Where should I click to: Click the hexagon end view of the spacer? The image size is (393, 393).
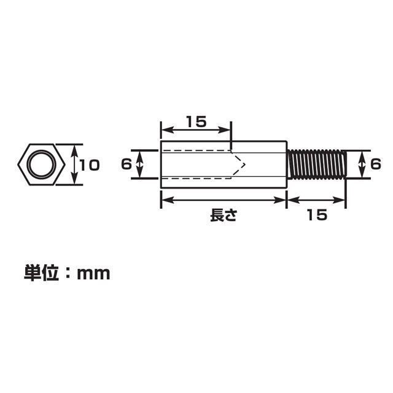pyautogui.click(x=41, y=165)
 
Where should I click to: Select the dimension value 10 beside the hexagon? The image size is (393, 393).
pyautogui.click(x=90, y=165)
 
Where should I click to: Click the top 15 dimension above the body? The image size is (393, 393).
pyautogui.click(x=196, y=121)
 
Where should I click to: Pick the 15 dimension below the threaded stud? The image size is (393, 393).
pyautogui.click(x=316, y=216)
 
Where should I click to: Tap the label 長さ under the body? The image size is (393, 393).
pyautogui.click(x=223, y=216)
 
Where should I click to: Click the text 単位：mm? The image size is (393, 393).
pyautogui.click(x=68, y=273)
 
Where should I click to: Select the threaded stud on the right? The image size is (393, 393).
pyautogui.click(x=317, y=165)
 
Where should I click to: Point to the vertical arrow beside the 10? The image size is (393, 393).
pyautogui.click(x=75, y=165)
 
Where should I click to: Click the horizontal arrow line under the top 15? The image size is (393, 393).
pyautogui.click(x=196, y=130)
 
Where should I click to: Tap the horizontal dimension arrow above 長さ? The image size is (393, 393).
pyautogui.click(x=224, y=200)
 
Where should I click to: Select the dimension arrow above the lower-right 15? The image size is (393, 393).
pyautogui.click(x=317, y=200)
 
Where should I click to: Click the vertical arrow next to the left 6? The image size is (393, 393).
pyautogui.click(x=140, y=165)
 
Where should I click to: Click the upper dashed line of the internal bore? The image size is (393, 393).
pyautogui.click(x=196, y=151)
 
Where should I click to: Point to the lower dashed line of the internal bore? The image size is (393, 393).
pyautogui.click(x=196, y=178)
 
